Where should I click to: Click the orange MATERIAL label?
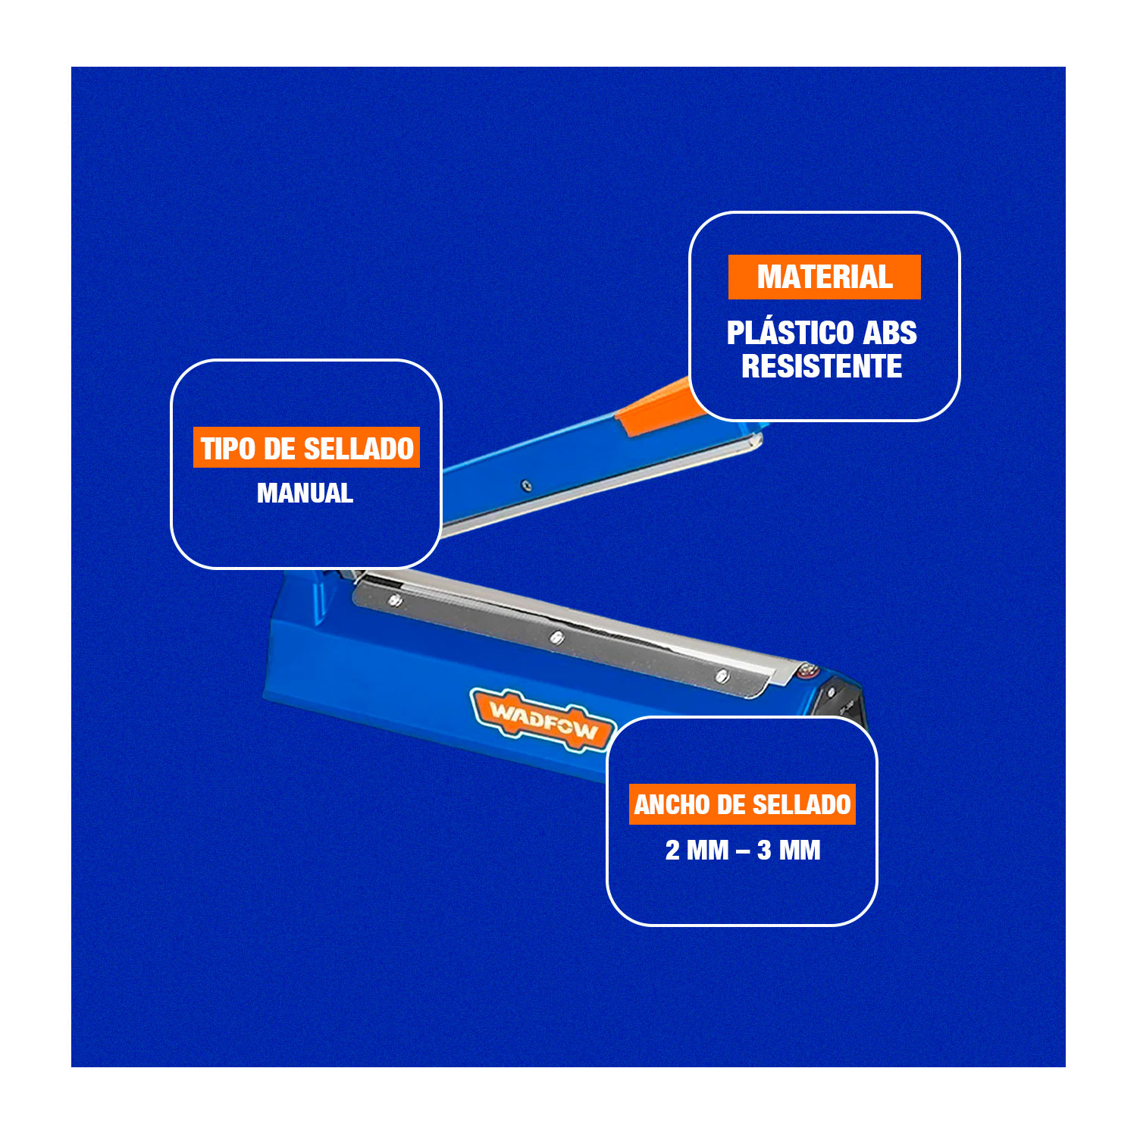pyautogui.click(x=825, y=277)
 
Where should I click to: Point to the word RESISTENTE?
pyautogui.click(x=822, y=366)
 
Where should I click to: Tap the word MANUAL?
pyautogui.click(x=305, y=493)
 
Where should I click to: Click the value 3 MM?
pyautogui.click(x=789, y=850)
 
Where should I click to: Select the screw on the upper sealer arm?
pyautogui.click(x=526, y=485)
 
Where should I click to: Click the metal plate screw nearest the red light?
pyautogui.click(x=722, y=675)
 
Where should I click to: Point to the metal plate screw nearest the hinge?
pyautogui.click(x=394, y=600)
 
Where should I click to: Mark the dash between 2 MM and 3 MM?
pyautogui.click(x=743, y=852)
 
